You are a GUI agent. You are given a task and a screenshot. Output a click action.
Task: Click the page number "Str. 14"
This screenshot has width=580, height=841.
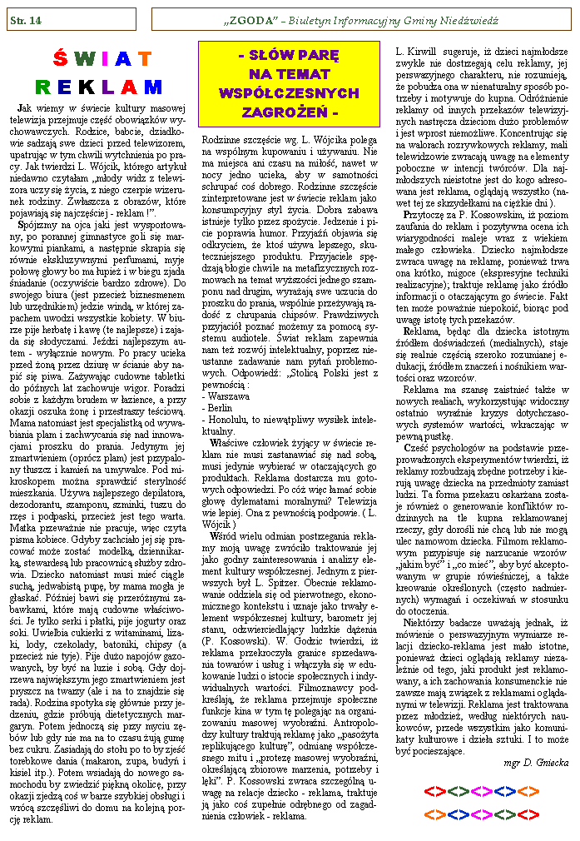click(26, 18)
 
